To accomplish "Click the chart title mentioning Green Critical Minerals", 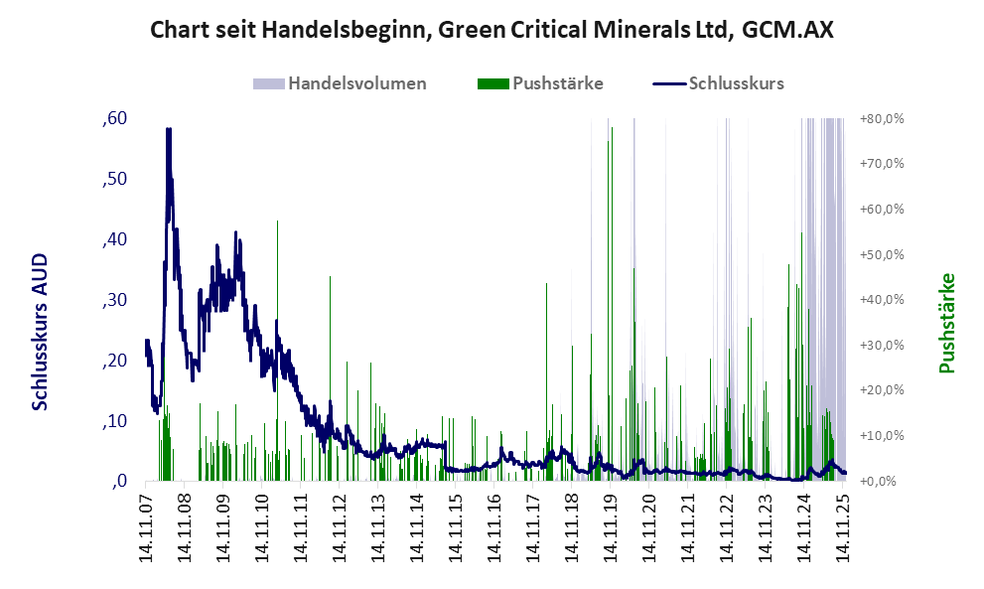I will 492,30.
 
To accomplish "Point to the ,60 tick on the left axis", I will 114,118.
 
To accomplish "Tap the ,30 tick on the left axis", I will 114,300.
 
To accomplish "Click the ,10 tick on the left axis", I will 114,421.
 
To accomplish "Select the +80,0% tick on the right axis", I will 881,118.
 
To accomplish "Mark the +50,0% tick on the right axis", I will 881,254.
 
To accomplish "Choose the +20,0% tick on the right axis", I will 881,390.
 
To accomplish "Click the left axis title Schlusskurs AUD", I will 40,332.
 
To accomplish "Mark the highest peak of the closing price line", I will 169,129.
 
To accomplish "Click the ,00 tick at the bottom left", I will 118,482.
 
